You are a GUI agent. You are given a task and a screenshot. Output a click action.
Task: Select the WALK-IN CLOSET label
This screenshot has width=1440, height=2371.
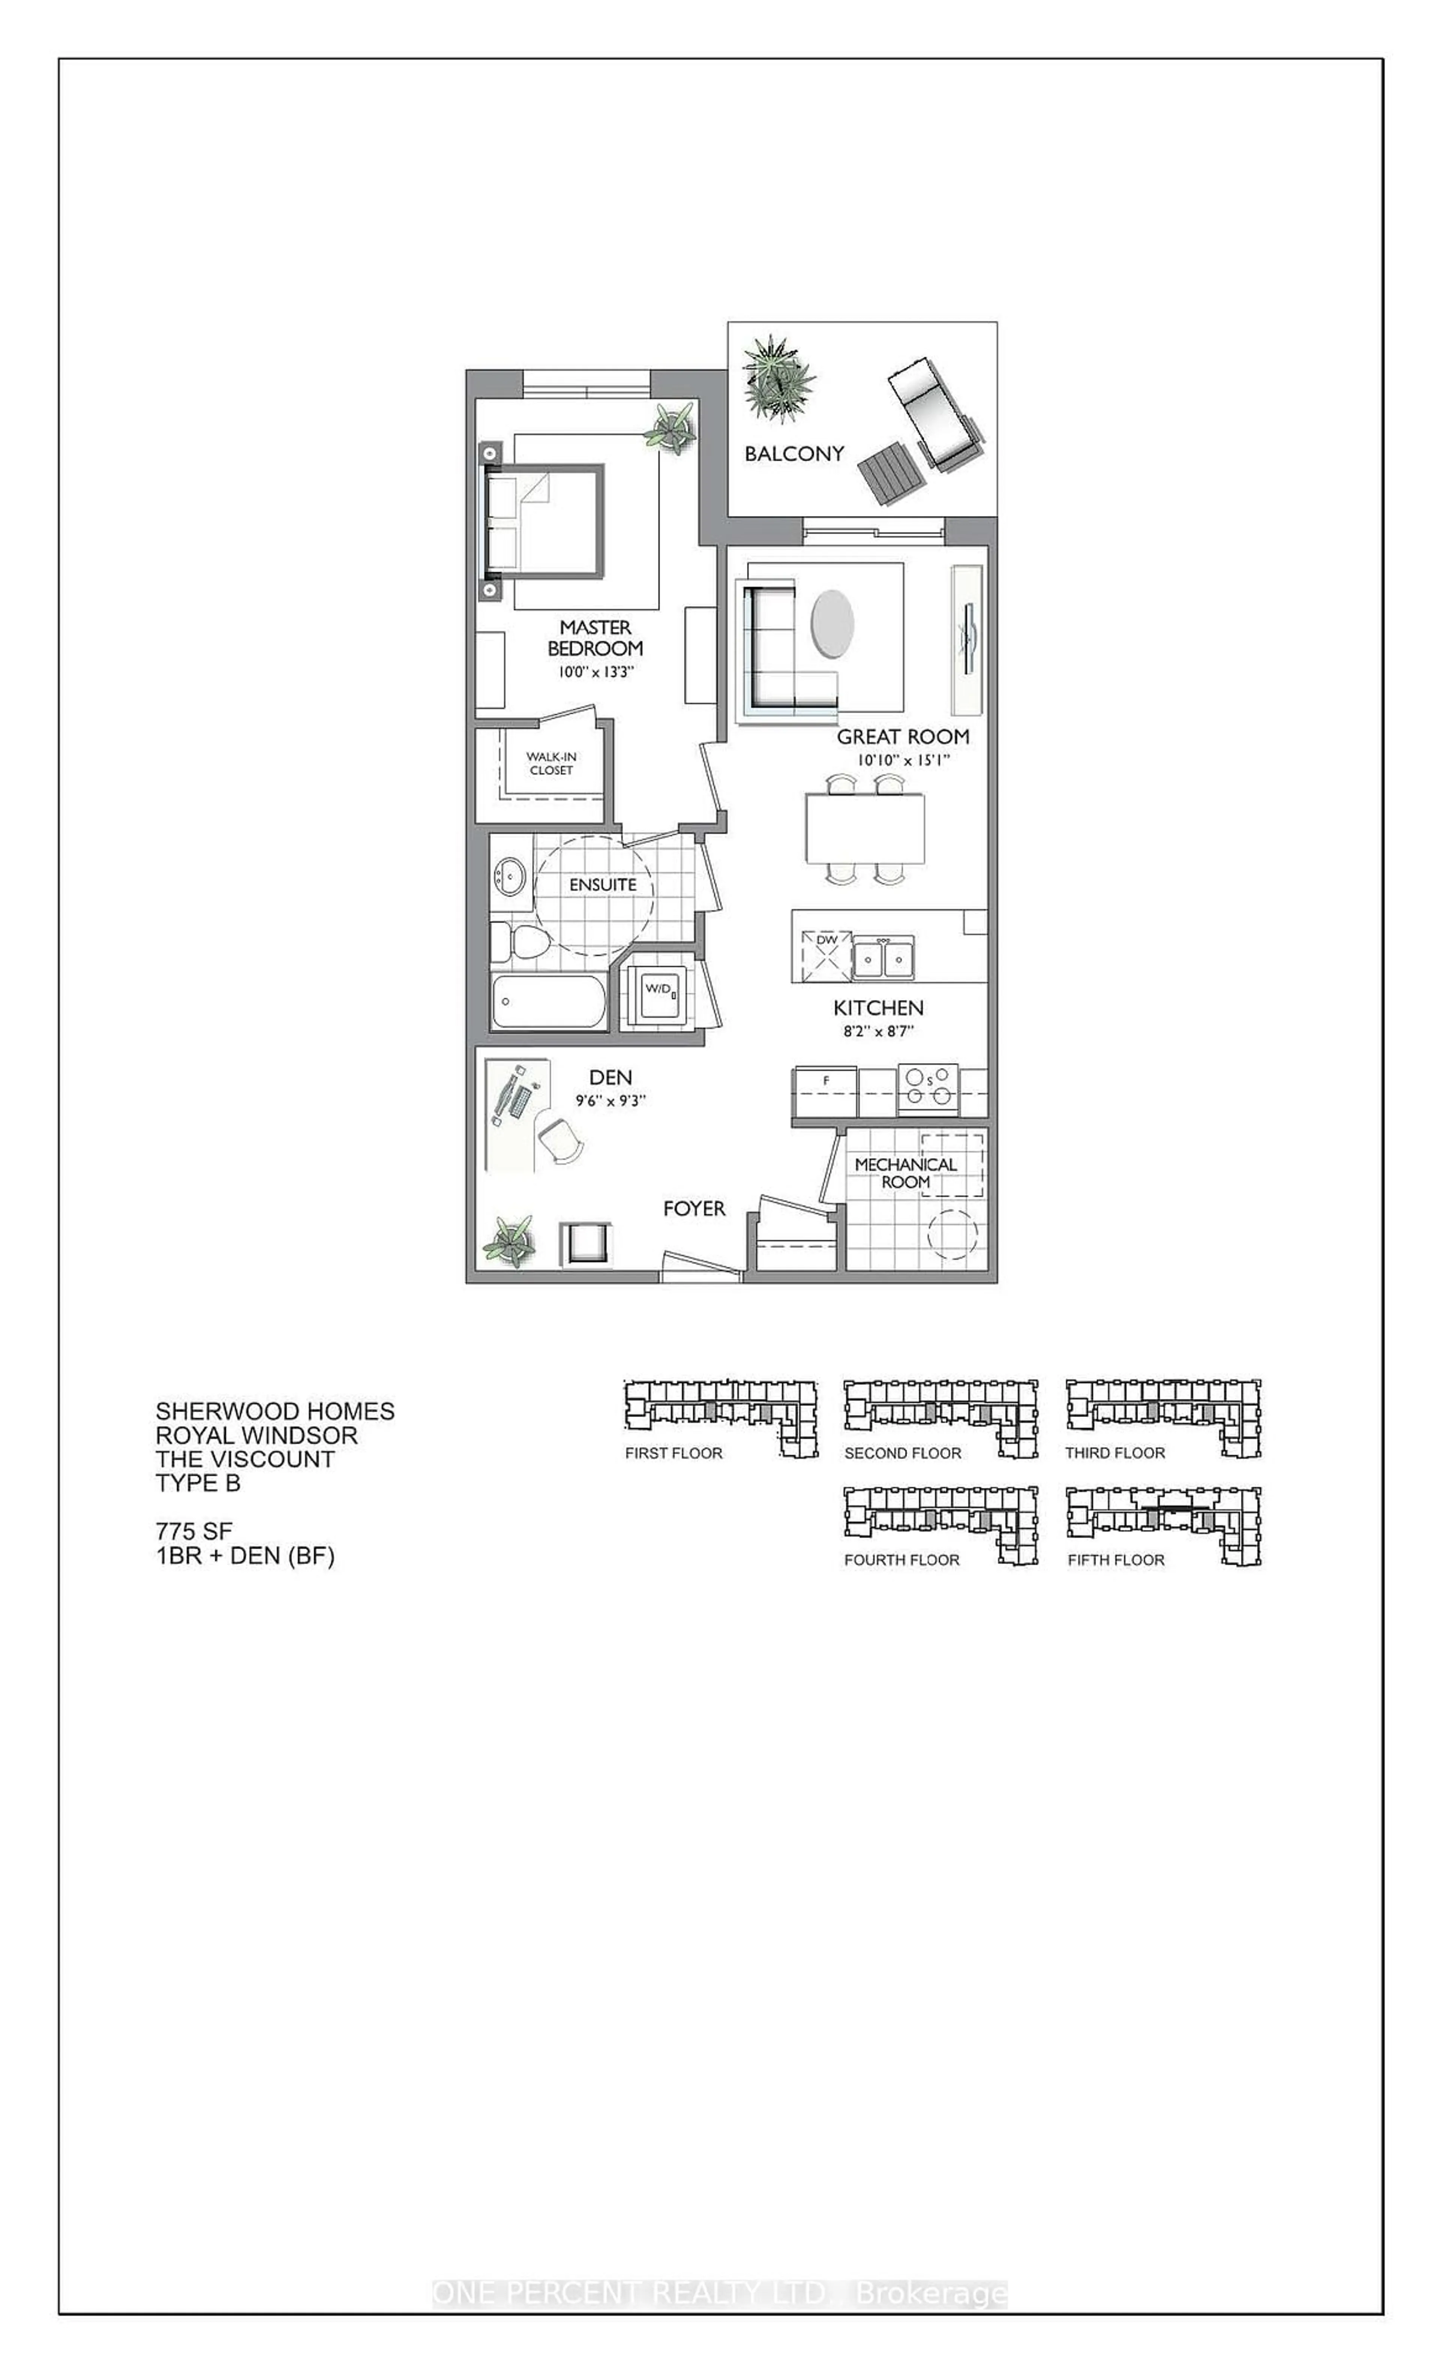[x=550, y=763]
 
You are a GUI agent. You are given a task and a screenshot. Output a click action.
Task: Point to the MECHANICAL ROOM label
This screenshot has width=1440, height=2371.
[x=905, y=1172]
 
